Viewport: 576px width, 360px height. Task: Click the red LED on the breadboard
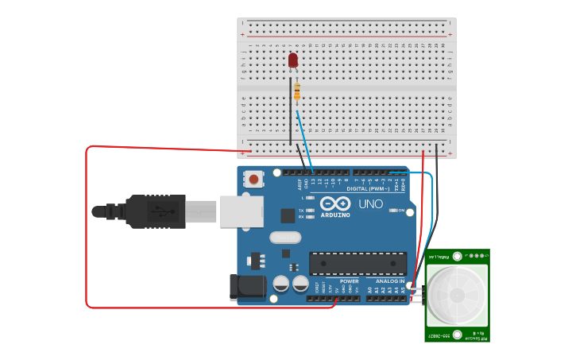293,60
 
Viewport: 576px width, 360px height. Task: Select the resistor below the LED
297,92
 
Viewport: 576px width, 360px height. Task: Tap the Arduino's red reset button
253,180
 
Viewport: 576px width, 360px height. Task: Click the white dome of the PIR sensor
457,295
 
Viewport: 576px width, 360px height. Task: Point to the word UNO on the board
370,204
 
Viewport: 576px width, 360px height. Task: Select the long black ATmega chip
358,264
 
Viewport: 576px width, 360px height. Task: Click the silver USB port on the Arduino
241,211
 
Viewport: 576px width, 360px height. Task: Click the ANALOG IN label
390,281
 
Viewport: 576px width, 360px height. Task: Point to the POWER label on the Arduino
350,281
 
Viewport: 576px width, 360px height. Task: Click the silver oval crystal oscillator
285,237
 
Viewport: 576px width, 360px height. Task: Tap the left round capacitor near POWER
281,284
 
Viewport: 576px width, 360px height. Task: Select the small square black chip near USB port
288,215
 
